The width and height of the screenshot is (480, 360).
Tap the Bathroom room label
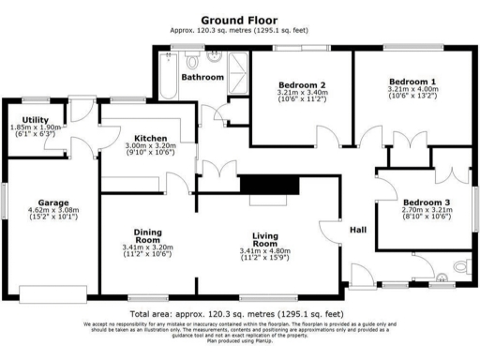click(202, 77)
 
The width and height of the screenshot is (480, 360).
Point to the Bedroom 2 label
click(301, 83)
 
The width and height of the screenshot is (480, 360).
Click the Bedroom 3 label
click(427, 202)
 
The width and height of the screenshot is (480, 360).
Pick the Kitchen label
click(150, 137)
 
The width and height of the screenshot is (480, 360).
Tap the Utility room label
click(36, 119)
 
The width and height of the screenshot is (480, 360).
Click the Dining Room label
click(148, 235)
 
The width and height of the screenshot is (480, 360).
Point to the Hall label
click(358, 230)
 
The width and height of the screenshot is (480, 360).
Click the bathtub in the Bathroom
click(168, 77)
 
